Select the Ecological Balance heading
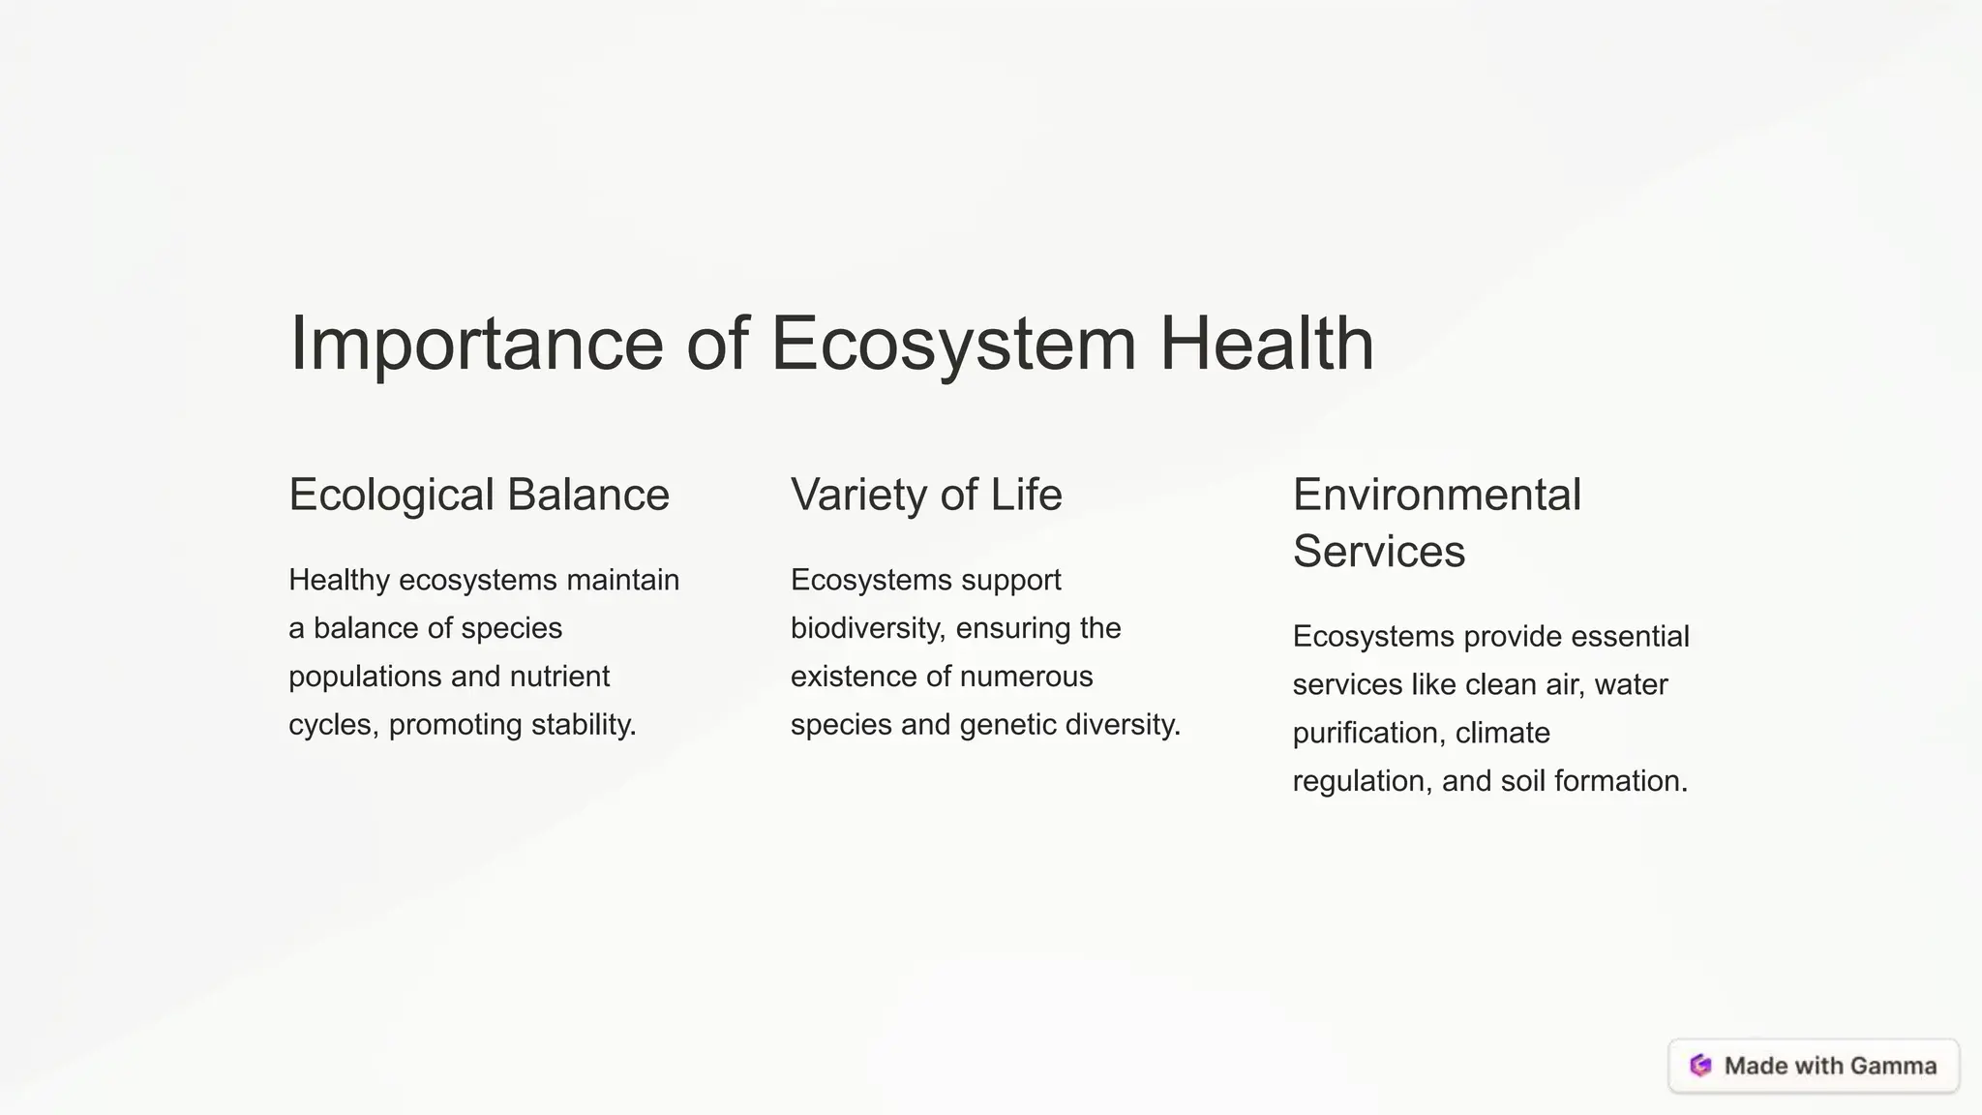click(x=479, y=495)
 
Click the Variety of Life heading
click(x=926, y=495)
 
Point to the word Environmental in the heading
click(x=1437, y=495)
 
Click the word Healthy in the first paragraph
click(x=339, y=580)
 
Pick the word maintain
click(x=622, y=580)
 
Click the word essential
click(x=1630, y=636)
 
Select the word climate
click(x=1502, y=733)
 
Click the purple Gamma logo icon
click(x=1700, y=1066)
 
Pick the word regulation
click(x=1361, y=781)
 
